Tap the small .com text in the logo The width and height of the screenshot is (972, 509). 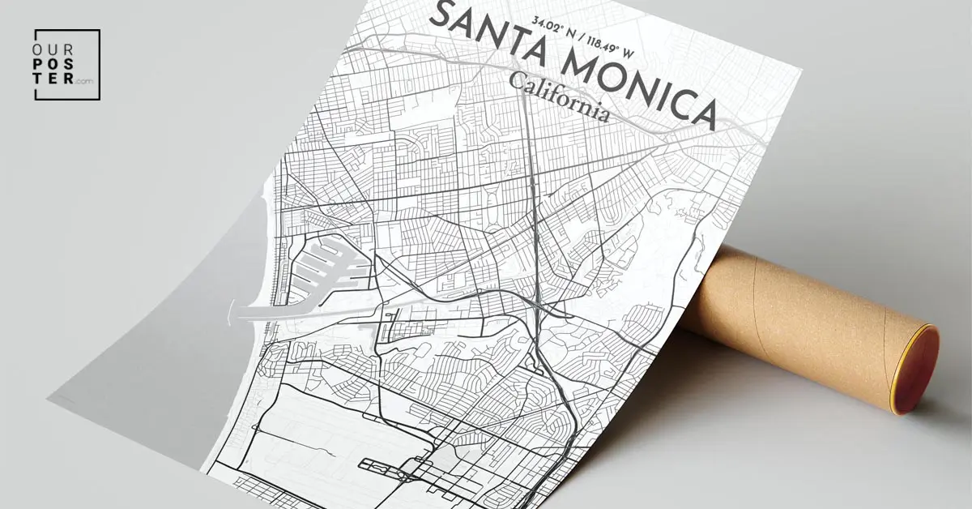click(84, 82)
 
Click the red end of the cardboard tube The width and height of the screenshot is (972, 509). click(919, 370)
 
